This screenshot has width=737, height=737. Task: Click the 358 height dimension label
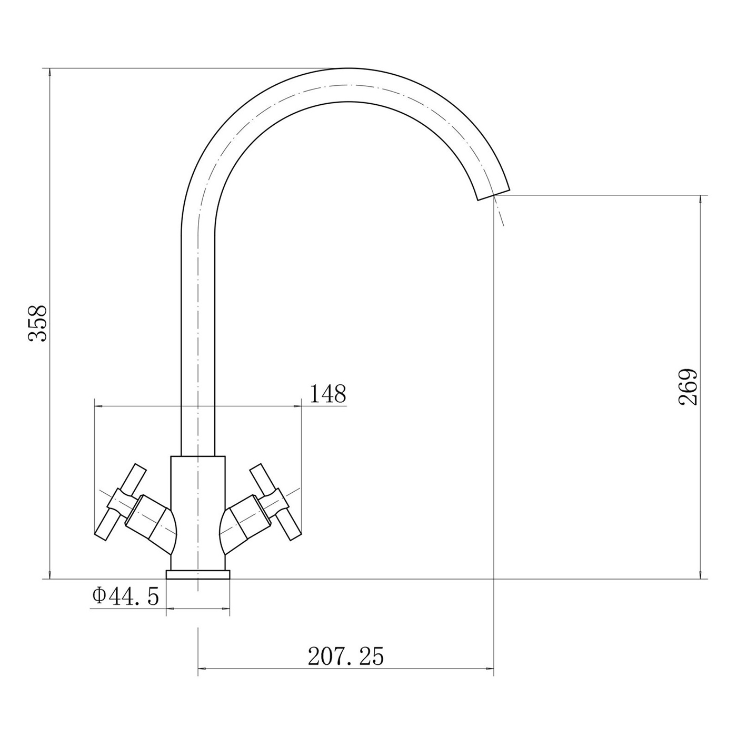point(38,323)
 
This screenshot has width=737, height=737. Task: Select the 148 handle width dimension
point(327,394)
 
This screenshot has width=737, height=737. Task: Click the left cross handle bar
point(120,502)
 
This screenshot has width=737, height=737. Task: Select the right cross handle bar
point(275,502)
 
